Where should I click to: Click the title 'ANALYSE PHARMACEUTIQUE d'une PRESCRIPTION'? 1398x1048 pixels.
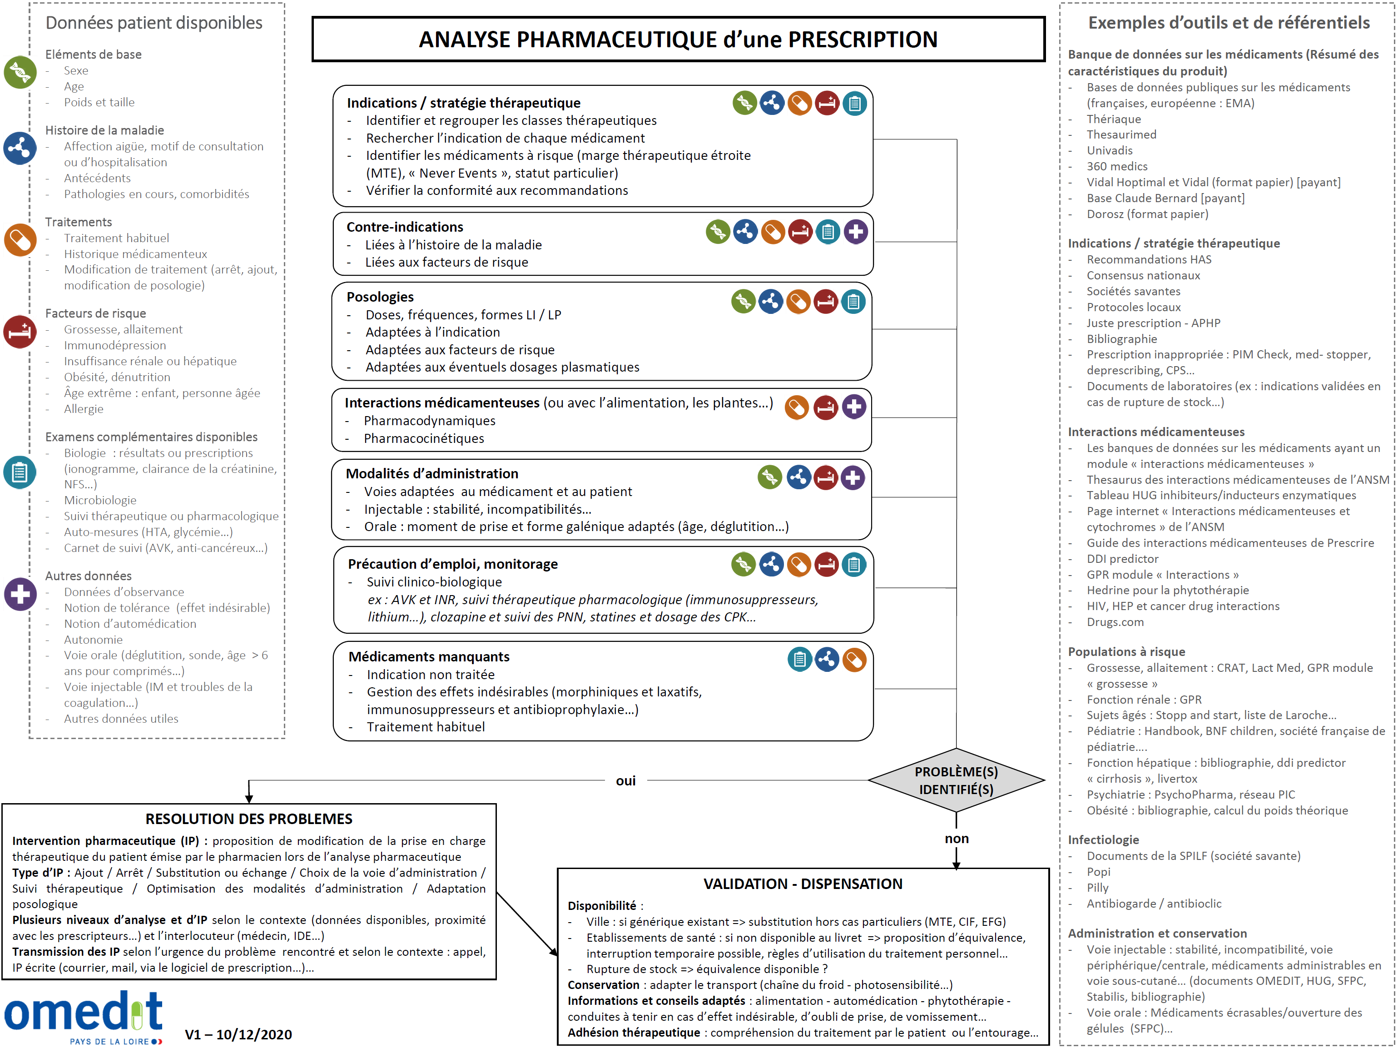[x=678, y=39]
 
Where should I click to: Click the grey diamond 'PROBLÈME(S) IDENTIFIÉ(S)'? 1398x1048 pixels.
[x=956, y=780]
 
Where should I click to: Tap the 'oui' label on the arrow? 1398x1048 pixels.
[x=626, y=780]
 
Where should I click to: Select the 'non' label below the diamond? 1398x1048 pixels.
[x=956, y=839]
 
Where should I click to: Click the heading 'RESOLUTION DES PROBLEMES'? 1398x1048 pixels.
[x=249, y=819]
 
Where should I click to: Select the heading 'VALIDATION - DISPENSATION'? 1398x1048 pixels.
[x=803, y=884]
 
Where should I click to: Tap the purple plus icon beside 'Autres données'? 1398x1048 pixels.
[x=20, y=594]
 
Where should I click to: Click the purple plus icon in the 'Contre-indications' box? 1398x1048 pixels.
[x=856, y=232]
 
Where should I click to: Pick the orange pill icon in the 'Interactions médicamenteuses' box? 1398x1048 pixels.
[x=797, y=407]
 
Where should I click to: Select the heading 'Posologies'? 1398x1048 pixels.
[x=380, y=297]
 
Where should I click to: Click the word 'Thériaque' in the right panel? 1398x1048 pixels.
[x=1114, y=119]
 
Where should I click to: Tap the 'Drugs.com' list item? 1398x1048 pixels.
[x=1115, y=622]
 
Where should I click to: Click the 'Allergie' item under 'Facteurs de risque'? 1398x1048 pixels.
[x=84, y=409]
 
